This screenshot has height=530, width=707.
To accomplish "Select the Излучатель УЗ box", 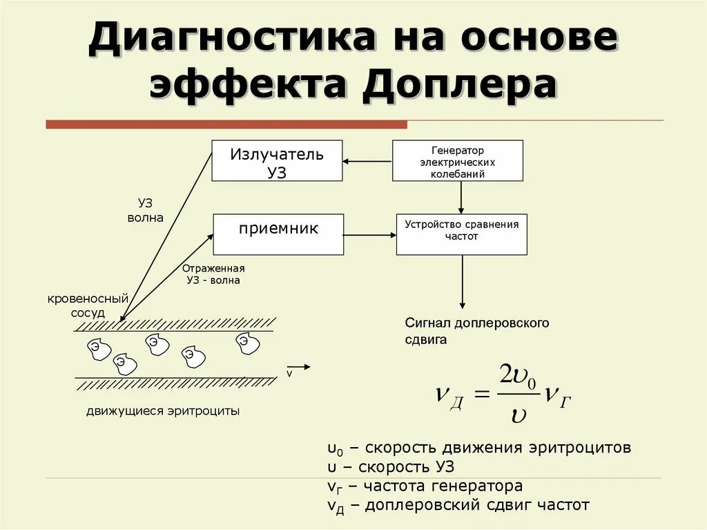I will [277, 161].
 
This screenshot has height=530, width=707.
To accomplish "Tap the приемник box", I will [278, 234].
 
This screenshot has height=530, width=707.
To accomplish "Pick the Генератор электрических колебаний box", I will [457, 161].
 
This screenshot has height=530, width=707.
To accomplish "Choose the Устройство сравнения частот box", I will [461, 234].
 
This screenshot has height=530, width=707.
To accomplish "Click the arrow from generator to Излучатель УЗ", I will [367, 162].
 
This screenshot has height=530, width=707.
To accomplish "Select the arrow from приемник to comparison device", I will [369, 235].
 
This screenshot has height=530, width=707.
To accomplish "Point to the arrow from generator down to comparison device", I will [461, 198].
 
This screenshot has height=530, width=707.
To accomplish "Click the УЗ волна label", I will [146, 210].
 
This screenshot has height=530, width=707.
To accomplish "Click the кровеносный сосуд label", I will [88, 305].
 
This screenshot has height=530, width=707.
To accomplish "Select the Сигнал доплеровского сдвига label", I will [476, 331].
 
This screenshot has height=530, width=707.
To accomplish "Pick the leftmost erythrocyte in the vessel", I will [98, 348].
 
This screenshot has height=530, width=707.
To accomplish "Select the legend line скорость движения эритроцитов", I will [479, 447].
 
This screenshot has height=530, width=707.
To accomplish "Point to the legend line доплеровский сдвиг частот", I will [458, 505].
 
